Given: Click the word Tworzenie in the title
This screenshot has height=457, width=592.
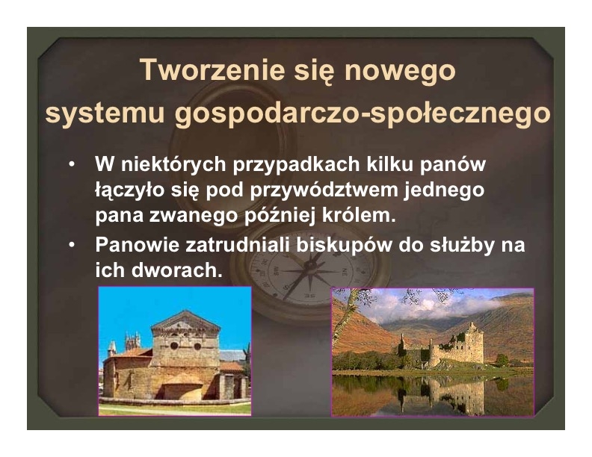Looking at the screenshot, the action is point(212,69).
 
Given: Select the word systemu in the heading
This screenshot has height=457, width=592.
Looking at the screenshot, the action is point(105,114).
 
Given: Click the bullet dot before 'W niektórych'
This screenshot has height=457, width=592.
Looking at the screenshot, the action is point(72,164).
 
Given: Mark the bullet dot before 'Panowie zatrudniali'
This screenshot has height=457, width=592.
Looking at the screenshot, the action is point(72,245).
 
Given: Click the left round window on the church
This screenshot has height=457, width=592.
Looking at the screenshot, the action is point(174,346).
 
